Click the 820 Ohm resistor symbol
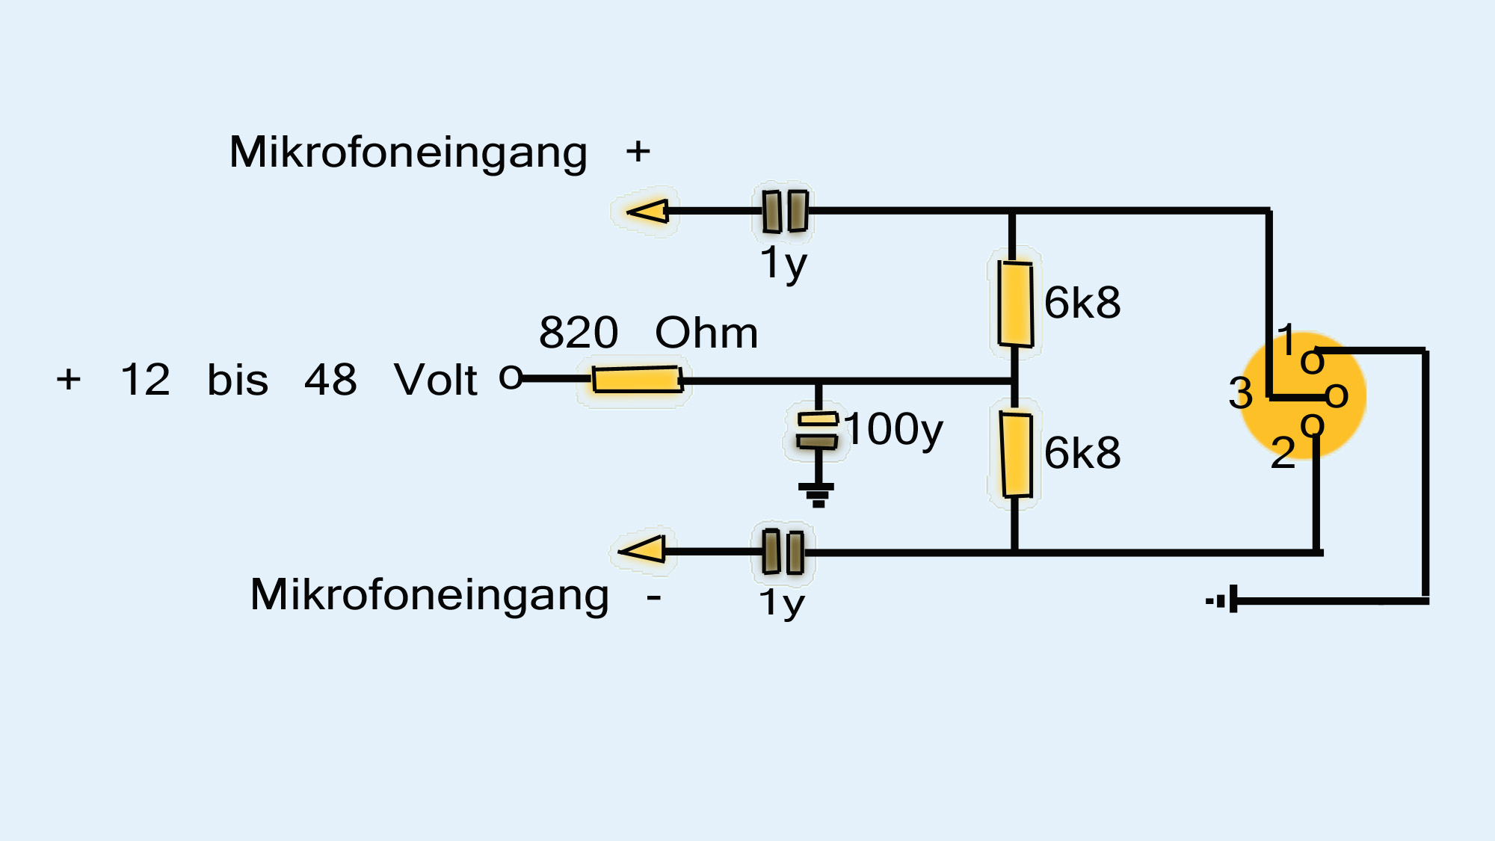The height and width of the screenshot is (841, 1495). pos(637,380)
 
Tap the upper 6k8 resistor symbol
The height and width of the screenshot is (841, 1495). pos(1015,304)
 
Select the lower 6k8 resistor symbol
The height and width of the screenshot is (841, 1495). pos(1016,455)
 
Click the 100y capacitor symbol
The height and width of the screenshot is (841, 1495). pos(818,431)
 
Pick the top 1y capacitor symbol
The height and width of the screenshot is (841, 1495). pos(785,211)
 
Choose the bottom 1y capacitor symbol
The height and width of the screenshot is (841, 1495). pos(783,552)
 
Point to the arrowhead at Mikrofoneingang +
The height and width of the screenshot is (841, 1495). pos(647,212)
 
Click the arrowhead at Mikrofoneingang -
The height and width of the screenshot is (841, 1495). pos(643,550)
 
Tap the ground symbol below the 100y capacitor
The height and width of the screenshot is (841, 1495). pos(817,494)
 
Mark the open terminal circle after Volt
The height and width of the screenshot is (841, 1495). pos(511,377)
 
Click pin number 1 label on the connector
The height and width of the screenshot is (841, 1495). pos(1286,340)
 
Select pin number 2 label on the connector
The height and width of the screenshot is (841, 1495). pos(1283,453)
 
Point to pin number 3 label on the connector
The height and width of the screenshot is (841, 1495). pos(1241,393)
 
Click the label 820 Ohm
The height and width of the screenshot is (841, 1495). pos(648,332)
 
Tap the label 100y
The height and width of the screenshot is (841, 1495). pos(894,429)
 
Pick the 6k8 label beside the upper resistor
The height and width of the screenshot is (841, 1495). pos(1082,302)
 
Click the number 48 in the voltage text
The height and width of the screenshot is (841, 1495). pos(330,379)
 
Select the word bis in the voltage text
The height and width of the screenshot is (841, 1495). pos(238,379)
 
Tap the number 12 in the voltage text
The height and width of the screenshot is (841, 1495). pos(145,379)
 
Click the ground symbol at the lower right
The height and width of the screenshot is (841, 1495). pos(1223,600)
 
